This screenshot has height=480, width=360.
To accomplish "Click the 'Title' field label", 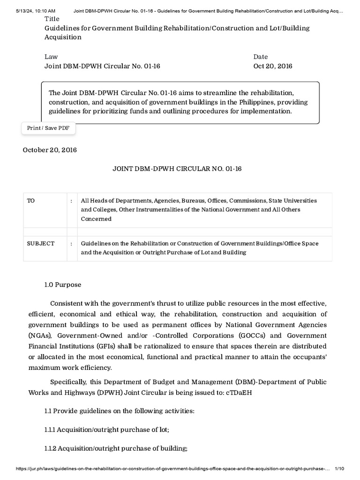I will (52, 19).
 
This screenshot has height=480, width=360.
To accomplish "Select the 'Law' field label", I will (51, 57).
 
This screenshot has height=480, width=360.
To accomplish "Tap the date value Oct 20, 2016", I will (273, 66).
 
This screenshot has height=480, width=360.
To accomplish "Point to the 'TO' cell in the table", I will (31, 200).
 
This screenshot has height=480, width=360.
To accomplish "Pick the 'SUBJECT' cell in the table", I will (41, 243).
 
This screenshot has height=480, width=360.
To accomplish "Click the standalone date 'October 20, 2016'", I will (50, 150).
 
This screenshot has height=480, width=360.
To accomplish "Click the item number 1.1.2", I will (53, 449).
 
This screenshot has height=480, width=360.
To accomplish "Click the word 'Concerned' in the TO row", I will (96, 219).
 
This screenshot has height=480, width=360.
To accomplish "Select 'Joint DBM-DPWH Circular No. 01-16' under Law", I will (102, 66).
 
